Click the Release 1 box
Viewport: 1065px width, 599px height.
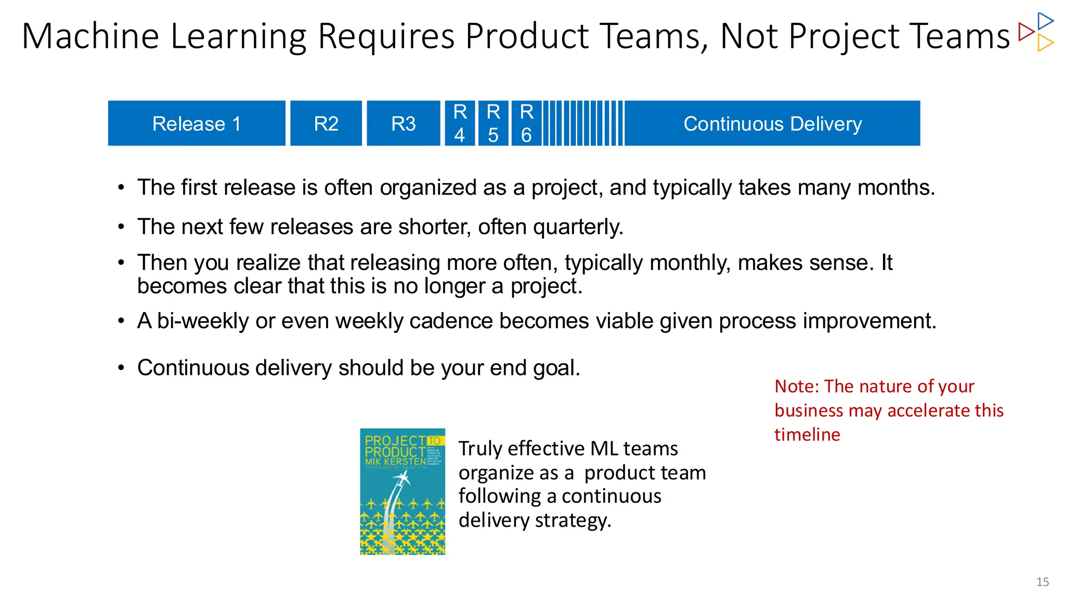[x=197, y=124]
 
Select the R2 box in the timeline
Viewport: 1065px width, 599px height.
[x=326, y=124]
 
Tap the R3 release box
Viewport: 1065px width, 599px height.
[x=404, y=124]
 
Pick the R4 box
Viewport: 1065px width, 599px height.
[x=460, y=124]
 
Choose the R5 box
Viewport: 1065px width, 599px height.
[x=493, y=124]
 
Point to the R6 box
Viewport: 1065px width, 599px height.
[x=526, y=124]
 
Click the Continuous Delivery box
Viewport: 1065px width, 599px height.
[x=772, y=124]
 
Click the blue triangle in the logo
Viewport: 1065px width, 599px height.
[x=1044, y=21]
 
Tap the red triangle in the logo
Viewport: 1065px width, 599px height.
[x=1025, y=32]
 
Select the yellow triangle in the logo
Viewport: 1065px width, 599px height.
[x=1044, y=43]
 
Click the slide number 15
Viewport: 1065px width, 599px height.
[x=1042, y=582]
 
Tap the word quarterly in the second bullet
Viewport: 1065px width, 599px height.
[x=578, y=227]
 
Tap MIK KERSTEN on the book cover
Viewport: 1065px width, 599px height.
[x=395, y=462]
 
